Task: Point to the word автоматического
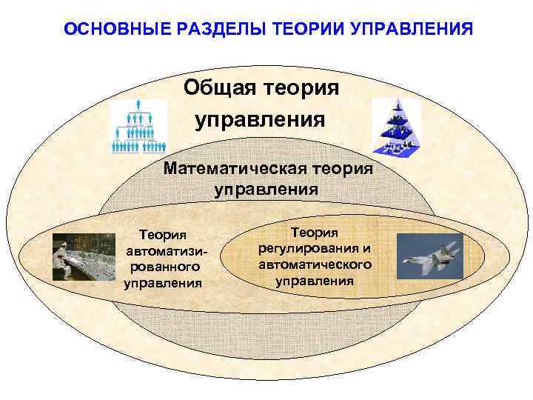[x=315, y=264]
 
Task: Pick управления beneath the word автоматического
[x=315, y=281]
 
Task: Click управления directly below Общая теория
[x=261, y=119]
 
